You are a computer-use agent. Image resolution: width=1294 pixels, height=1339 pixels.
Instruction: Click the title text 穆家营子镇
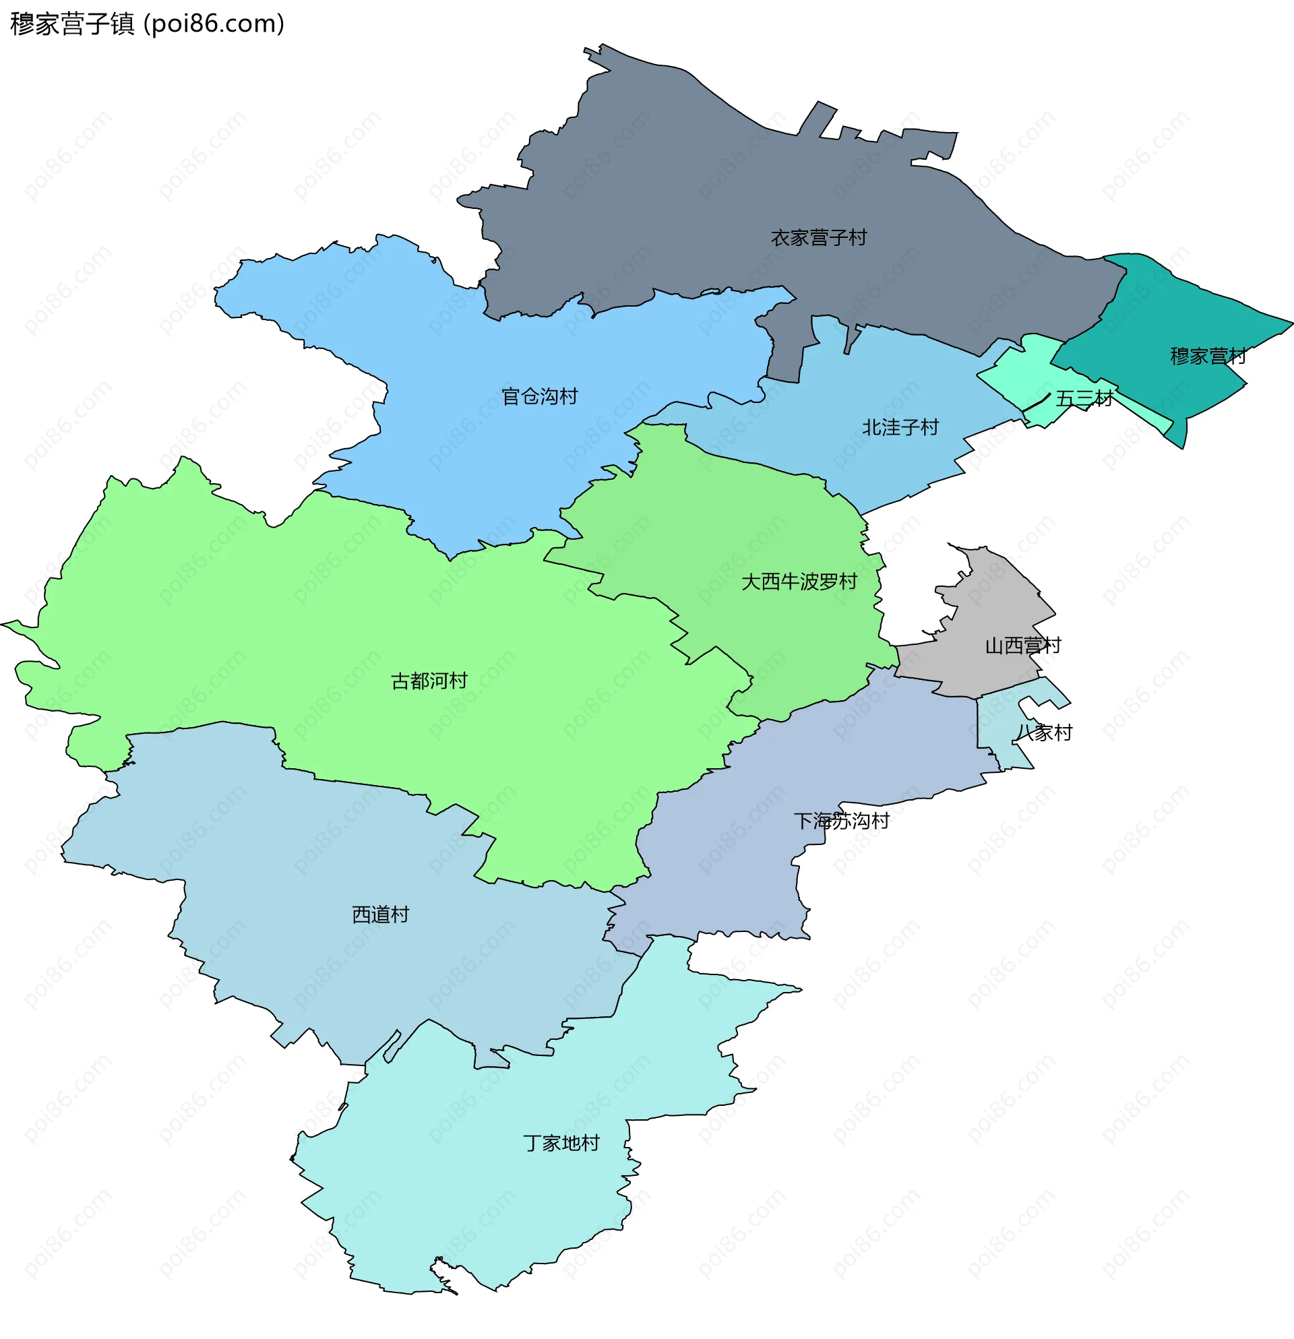click(x=72, y=24)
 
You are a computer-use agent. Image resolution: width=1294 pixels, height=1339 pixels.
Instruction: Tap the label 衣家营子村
click(x=818, y=238)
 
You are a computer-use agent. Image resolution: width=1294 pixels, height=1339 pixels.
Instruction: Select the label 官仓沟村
click(x=539, y=396)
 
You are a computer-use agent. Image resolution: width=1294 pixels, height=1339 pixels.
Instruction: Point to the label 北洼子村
click(x=900, y=428)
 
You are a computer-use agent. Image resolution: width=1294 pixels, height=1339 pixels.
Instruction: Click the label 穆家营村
click(x=1207, y=356)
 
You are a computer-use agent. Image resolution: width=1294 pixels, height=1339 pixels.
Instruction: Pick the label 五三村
click(x=1084, y=398)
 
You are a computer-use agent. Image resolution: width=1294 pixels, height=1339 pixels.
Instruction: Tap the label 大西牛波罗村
click(x=799, y=582)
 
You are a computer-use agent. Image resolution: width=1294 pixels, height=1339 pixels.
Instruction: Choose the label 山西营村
click(x=1022, y=646)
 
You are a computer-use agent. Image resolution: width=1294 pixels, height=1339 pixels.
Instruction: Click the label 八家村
click(x=1043, y=733)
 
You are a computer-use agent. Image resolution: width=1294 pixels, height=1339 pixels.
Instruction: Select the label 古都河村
click(x=429, y=681)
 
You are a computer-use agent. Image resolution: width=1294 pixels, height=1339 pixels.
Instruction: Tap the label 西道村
click(x=380, y=914)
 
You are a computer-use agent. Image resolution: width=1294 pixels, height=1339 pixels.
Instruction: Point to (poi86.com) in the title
click(x=214, y=24)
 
